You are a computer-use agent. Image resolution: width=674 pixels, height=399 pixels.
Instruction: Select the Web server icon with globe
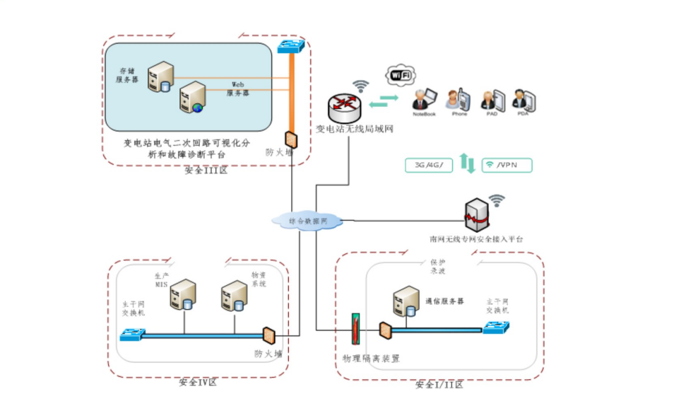(191, 97)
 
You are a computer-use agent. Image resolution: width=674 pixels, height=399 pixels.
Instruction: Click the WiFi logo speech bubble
(401, 74)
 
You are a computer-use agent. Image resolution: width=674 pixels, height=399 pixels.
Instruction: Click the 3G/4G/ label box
(428, 166)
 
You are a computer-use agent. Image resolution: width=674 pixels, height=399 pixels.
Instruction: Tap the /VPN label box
(506, 166)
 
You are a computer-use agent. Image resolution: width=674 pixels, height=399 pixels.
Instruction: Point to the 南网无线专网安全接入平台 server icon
(478, 214)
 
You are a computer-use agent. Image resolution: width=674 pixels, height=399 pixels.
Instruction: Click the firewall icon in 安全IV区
(268, 334)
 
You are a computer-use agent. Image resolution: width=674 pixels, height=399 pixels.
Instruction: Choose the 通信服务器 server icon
(406, 302)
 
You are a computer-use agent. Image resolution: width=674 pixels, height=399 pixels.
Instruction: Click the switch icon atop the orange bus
(290, 46)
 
